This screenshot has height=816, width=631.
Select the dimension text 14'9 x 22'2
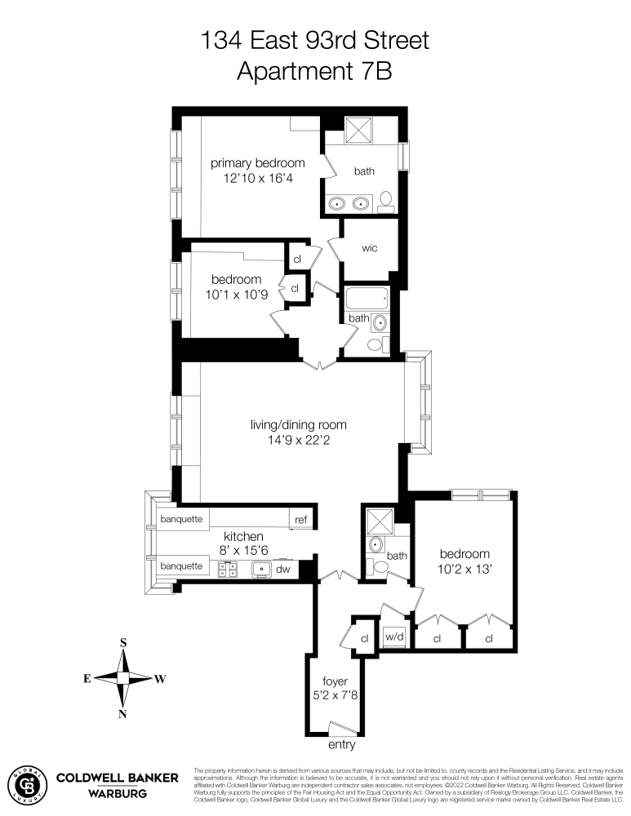coord(298,441)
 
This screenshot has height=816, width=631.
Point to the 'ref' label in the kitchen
coord(301,519)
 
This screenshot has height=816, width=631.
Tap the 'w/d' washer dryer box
coord(394,636)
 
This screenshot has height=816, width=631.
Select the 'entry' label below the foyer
coord(341,745)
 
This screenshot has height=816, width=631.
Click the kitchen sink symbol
coord(262,568)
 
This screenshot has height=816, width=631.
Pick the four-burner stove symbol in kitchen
coord(228,568)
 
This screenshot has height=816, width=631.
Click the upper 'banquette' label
coord(180,519)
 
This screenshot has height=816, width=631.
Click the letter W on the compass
coord(160,678)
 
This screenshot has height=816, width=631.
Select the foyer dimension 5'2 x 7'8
coord(335,696)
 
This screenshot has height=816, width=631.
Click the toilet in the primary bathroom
coord(386,202)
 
